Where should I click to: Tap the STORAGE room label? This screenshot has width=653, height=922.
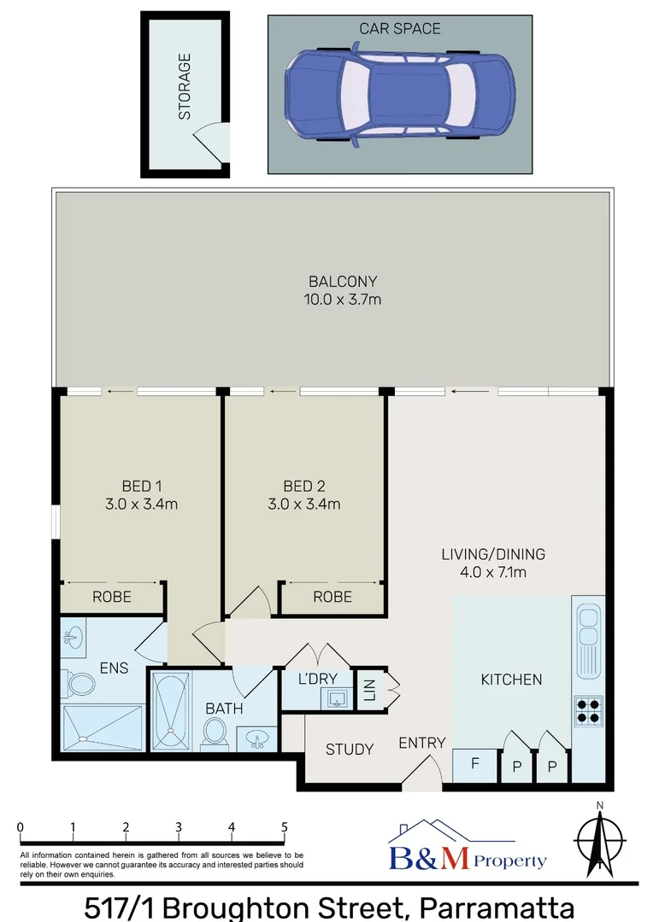pos(184,87)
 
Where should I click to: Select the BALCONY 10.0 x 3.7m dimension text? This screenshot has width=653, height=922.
pos(343,299)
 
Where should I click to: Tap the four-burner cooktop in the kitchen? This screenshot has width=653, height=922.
pos(588,709)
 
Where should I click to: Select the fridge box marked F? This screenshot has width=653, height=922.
pos(474,764)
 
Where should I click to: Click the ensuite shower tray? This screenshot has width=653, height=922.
pos(103,727)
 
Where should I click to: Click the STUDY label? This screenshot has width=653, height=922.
pos(350,749)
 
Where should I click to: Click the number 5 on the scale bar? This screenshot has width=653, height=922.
pos(285,826)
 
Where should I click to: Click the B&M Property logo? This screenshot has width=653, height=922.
pos(467,849)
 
